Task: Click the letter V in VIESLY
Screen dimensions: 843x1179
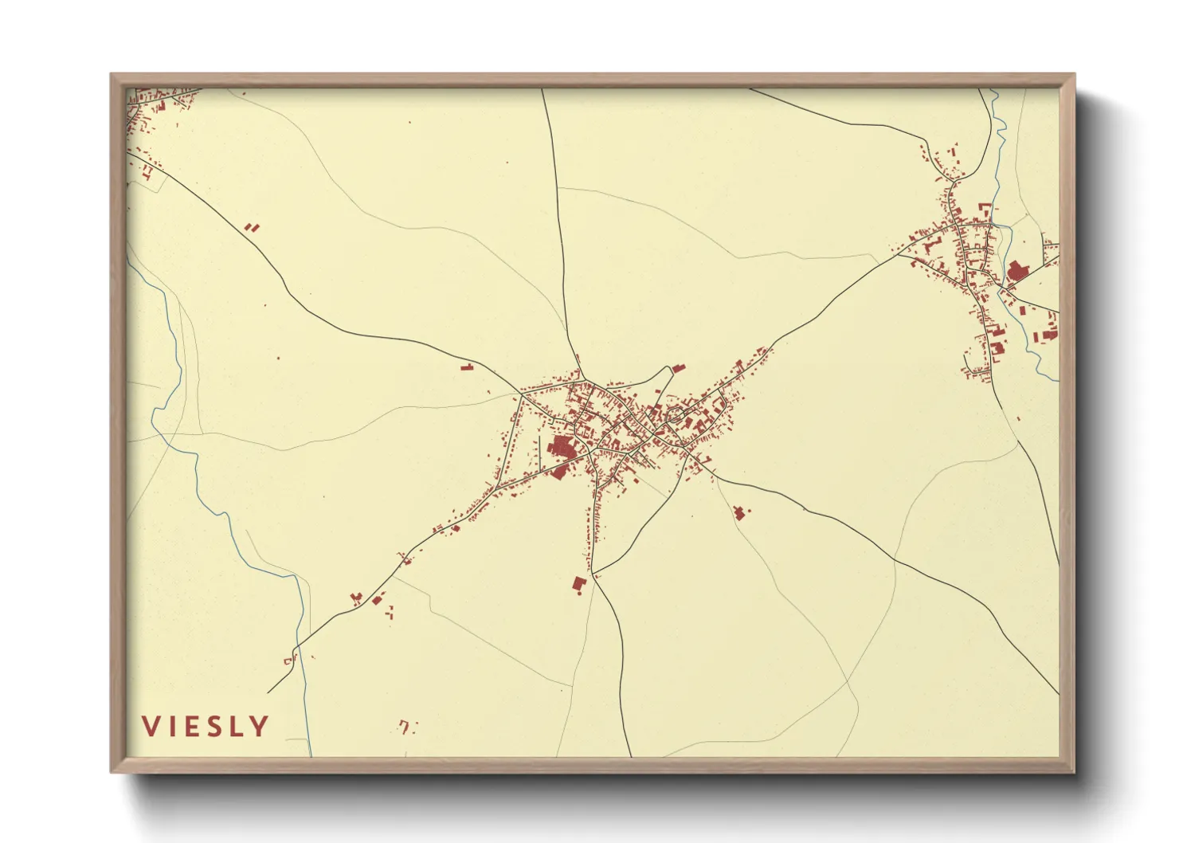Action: click(151, 726)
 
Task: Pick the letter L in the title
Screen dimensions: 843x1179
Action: click(239, 726)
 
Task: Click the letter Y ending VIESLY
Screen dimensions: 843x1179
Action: click(260, 726)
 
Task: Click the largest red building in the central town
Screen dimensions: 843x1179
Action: click(562, 449)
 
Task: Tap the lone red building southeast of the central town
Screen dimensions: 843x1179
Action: click(739, 512)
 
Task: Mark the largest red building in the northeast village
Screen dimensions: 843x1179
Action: click(1017, 272)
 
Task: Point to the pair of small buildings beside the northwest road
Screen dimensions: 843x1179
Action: click(252, 228)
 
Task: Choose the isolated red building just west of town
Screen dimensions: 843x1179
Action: click(467, 367)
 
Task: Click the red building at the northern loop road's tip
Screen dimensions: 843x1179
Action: click(679, 368)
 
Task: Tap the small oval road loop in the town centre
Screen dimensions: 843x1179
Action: click(676, 414)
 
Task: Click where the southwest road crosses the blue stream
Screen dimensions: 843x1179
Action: click(298, 646)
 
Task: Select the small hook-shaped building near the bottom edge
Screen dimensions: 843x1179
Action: click(405, 726)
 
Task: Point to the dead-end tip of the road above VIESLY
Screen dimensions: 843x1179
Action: click(268, 692)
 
